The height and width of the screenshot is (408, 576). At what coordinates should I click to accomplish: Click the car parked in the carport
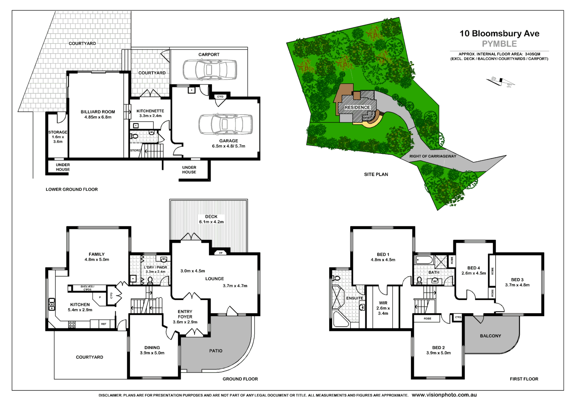[x=209, y=70]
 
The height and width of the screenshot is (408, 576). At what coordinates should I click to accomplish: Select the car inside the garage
[x=226, y=124]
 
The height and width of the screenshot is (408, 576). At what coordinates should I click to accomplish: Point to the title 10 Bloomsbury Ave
[x=499, y=34]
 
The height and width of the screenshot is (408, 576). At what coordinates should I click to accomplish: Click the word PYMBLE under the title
[x=499, y=44]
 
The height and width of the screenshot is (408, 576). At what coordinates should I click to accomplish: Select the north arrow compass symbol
[x=500, y=82]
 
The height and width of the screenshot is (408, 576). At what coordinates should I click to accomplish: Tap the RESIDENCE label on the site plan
[x=357, y=108]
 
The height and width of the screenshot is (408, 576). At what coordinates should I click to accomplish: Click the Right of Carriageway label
[x=432, y=156]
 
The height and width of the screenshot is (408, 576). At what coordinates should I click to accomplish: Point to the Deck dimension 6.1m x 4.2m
[x=211, y=222]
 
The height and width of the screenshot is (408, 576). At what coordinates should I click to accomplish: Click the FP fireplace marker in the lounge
[x=221, y=253]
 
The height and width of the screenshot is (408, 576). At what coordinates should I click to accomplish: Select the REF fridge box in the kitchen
[x=104, y=324]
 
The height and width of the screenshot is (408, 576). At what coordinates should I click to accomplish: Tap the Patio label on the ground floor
[x=216, y=351]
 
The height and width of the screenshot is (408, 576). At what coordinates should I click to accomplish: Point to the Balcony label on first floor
[x=490, y=336]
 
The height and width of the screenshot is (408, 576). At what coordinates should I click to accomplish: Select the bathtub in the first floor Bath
[x=424, y=260]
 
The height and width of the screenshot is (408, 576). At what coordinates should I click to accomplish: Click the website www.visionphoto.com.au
[x=444, y=395]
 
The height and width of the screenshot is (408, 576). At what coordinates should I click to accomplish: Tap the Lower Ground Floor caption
[x=72, y=190]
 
